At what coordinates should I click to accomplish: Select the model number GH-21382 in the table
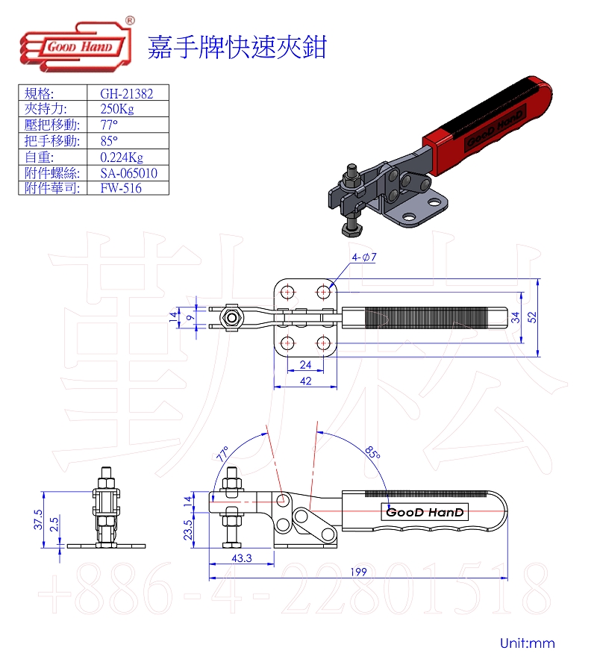pyautogui.click(x=126, y=93)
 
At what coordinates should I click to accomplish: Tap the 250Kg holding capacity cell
pyautogui.click(x=117, y=109)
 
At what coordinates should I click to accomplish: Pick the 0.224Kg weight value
pyautogui.click(x=121, y=157)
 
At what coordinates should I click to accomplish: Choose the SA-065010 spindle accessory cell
pyautogui.click(x=128, y=173)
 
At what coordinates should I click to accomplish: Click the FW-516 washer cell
pyautogui.click(x=120, y=188)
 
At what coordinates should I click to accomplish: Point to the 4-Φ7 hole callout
pyautogui.click(x=364, y=257)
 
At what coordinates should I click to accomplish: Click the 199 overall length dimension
pyautogui.click(x=358, y=572)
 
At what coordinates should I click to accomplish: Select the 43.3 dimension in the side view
pyautogui.click(x=242, y=558)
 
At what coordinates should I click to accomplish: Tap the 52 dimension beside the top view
pyautogui.click(x=531, y=317)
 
